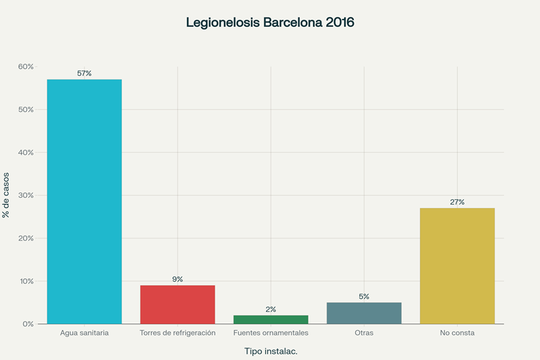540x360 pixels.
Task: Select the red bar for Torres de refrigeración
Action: coord(178,305)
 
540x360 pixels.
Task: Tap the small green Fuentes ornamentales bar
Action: coord(271,319)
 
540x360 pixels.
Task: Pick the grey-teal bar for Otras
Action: coord(364,313)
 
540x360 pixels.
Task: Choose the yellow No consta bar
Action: coord(457,266)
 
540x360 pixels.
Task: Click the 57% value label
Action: coord(84,73)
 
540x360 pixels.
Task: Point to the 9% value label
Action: coord(178,279)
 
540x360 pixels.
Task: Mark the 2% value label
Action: coord(271,309)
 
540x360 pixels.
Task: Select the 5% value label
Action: coord(364,297)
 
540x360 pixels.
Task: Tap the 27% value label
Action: coord(457,202)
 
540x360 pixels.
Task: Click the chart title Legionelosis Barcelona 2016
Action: coord(270,22)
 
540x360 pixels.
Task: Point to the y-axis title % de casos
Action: coord(6,195)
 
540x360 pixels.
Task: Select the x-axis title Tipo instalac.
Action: coord(270,351)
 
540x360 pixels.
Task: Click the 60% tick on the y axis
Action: coord(26,67)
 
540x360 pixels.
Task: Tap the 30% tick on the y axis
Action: coord(26,195)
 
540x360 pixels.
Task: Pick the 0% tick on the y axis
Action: coord(28,324)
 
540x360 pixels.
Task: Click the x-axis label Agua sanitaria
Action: coord(84,333)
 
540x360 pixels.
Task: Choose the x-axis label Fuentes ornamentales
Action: coord(271,333)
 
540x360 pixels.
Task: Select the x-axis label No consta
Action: coord(457,333)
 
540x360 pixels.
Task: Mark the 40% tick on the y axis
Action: coord(26,153)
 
